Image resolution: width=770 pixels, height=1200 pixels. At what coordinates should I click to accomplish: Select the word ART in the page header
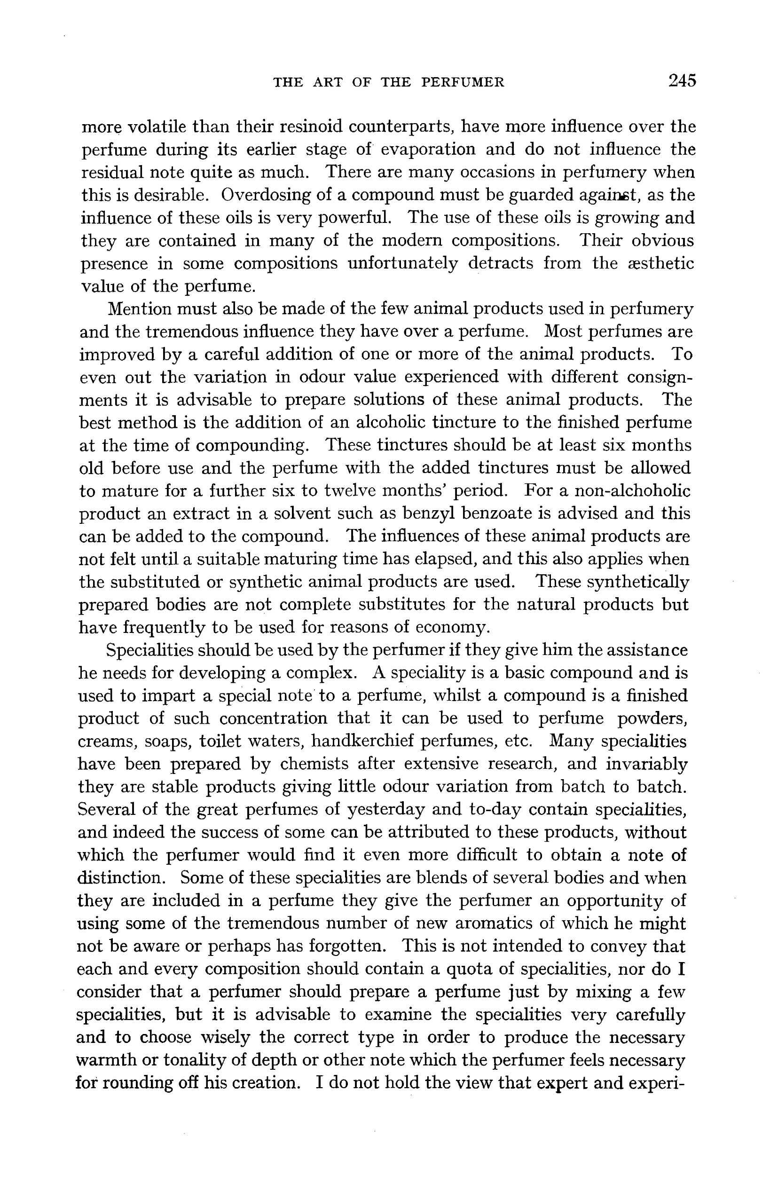point(328,82)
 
